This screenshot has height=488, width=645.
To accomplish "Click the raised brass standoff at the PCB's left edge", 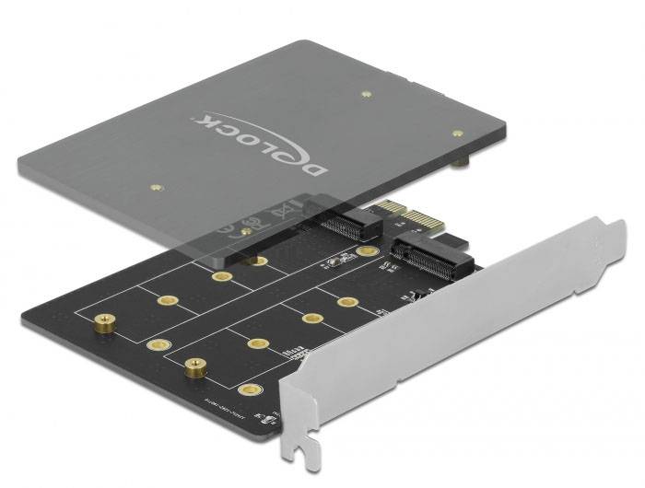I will [102, 324].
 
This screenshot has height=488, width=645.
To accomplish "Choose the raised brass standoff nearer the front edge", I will [193, 366].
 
